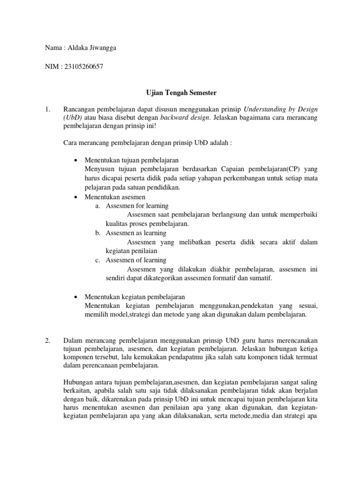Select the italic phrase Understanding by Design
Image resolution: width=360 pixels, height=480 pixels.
pyautogui.click(x=280, y=109)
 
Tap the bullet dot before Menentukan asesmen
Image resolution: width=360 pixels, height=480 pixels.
pyautogui.click(x=76, y=196)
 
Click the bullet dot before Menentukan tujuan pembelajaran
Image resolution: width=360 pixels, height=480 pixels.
pyautogui.click(x=76, y=160)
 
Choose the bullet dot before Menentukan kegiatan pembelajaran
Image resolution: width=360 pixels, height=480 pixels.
pyautogui.click(x=76, y=297)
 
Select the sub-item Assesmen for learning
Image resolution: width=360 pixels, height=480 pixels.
pyautogui.click(x=137, y=206)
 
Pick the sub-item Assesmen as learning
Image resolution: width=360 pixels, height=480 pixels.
pyautogui.click(x=136, y=232)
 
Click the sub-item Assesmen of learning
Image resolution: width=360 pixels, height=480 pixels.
pyautogui.click(x=136, y=260)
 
